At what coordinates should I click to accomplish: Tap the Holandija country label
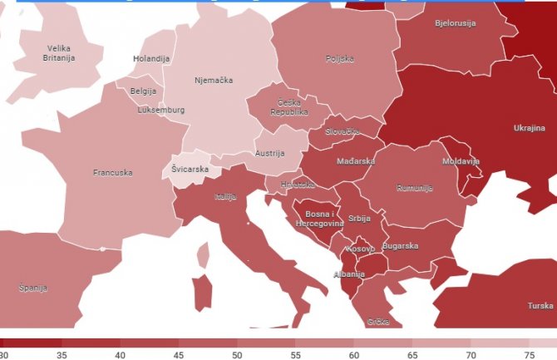tap(151, 59)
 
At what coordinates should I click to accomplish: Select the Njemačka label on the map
tap(213, 81)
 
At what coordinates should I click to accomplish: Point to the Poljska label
tap(339, 59)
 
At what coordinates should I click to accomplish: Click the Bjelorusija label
tap(455, 23)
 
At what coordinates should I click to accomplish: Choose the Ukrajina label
tap(529, 128)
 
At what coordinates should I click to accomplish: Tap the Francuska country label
tap(112, 173)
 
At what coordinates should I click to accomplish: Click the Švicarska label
tap(190, 169)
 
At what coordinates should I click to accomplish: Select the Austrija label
tap(269, 153)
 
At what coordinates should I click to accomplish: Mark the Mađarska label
tap(356, 161)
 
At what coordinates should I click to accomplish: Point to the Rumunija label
tap(415, 188)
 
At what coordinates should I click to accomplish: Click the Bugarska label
tap(400, 246)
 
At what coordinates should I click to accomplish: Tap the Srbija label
tap(358, 218)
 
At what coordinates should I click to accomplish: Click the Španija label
tap(32, 288)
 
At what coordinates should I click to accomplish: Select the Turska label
tap(540, 305)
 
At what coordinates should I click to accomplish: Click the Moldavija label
tap(461, 160)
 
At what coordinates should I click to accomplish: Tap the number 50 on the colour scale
tap(236, 355)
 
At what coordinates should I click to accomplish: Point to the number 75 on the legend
tap(529, 355)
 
